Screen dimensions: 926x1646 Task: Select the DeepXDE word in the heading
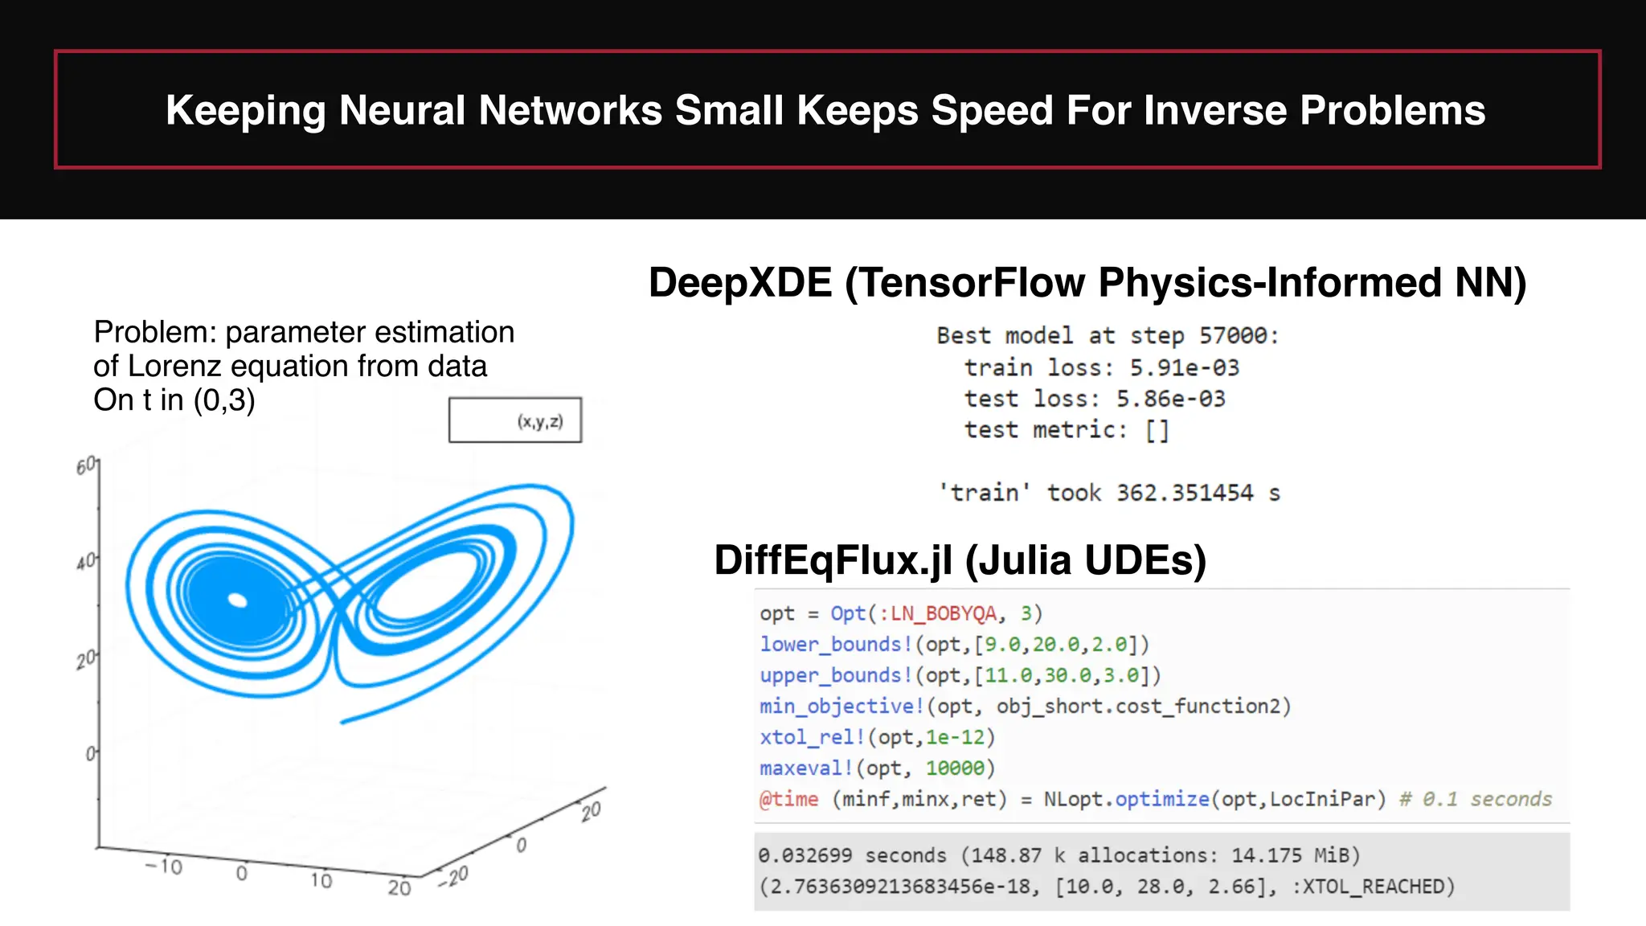coord(740,283)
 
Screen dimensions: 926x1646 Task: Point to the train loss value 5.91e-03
coord(1185,367)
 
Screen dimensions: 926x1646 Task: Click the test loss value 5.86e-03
coord(1170,399)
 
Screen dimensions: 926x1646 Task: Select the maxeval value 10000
coord(955,768)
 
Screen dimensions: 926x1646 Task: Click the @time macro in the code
coord(788,799)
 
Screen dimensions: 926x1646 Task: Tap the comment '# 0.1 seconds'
coord(1476,799)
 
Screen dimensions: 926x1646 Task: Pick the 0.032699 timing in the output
coord(805,855)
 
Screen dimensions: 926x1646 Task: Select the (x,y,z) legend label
coord(540,421)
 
